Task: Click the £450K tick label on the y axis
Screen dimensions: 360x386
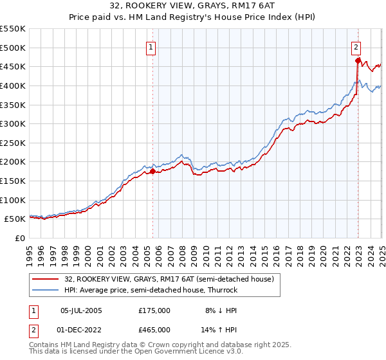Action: point(13,66)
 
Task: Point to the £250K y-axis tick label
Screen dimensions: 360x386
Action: point(13,143)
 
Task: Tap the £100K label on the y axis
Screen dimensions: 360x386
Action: point(13,200)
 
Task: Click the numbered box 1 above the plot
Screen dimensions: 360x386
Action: point(151,47)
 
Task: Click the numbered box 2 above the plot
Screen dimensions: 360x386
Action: point(356,47)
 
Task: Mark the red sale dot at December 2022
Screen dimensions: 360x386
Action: point(357,61)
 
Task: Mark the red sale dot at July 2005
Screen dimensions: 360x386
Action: point(152,172)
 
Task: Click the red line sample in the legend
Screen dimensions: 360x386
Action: point(46,279)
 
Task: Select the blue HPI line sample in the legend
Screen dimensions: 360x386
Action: point(46,290)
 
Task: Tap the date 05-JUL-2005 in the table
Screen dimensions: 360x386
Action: point(81,310)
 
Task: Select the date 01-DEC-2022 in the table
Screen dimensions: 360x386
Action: point(81,329)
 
